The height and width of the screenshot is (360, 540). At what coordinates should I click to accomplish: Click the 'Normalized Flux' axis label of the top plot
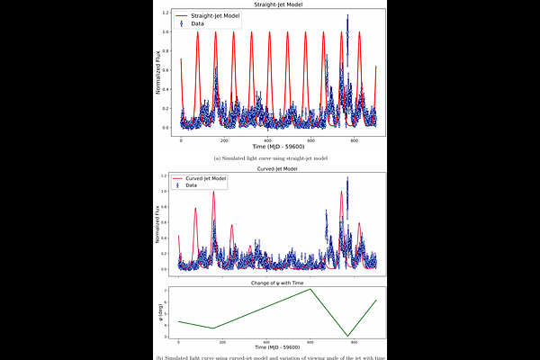[158, 73]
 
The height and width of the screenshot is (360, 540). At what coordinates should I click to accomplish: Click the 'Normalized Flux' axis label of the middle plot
[158, 223]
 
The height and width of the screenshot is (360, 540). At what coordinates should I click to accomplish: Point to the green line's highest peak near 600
[310, 289]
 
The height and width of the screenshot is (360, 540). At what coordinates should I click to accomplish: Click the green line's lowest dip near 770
[347, 337]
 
